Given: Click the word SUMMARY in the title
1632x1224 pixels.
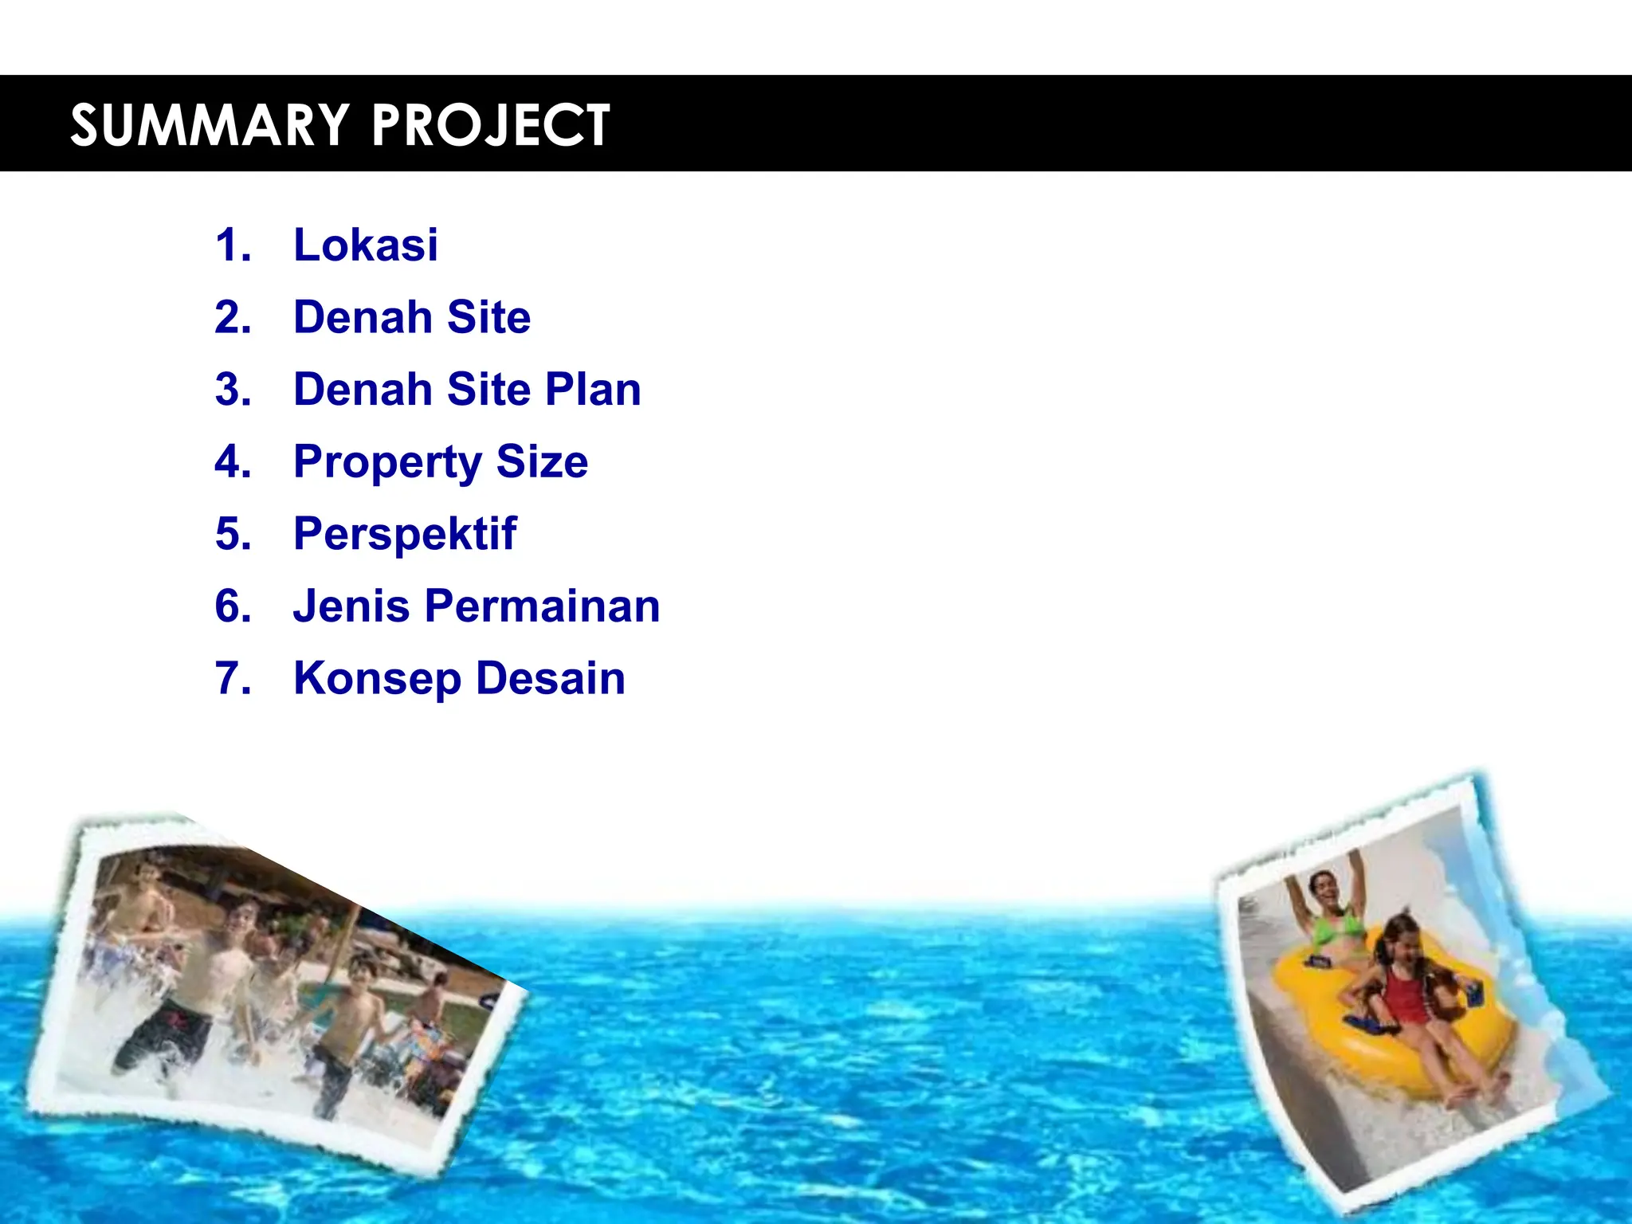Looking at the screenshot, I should pyautogui.click(x=210, y=125).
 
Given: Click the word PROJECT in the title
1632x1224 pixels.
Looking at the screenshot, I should pyautogui.click(x=490, y=125).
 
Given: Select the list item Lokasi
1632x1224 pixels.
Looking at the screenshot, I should pyautogui.click(x=366, y=245).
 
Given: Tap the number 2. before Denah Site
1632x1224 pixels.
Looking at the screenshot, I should pyautogui.click(x=233, y=317).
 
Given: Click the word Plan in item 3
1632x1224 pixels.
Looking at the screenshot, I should pyautogui.click(x=593, y=390).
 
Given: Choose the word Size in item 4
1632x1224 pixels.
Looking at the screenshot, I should pyautogui.click(x=542, y=461).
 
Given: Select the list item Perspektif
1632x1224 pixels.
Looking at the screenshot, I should pyautogui.click(x=405, y=535).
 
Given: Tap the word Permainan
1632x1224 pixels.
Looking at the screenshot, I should pyautogui.click(x=542, y=606).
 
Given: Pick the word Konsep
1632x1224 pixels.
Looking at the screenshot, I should pyautogui.click(x=376, y=680).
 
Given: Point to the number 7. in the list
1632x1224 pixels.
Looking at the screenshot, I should pyautogui.click(x=233, y=679).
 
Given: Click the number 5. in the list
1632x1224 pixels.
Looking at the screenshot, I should pyautogui.click(x=233, y=534).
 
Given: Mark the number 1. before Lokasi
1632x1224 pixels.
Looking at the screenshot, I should pyautogui.click(x=233, y=245).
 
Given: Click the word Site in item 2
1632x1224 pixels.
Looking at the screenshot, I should pyautogui.click(x=488, y=317).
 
